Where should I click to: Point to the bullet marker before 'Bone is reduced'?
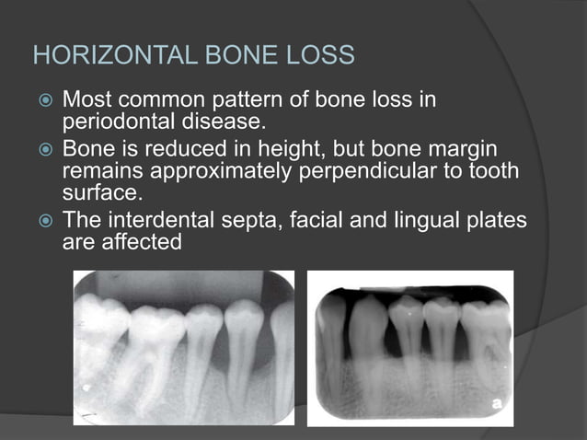pos(43,149)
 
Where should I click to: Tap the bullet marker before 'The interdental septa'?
pos(43,221)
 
